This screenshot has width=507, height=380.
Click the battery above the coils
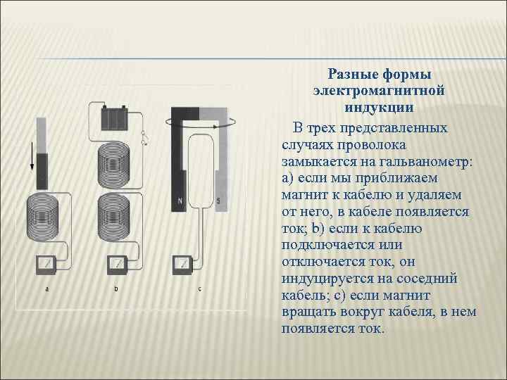pos(114,117)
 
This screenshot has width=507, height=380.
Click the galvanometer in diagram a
pos(46,265)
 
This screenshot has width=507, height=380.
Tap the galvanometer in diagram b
pos(117,265)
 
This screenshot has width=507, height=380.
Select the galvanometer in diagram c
pos(184,265)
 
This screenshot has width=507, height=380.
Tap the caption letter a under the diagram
pos(47,289)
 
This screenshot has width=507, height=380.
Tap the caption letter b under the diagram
pos(116,289)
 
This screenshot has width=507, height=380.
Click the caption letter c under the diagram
pos(199,289)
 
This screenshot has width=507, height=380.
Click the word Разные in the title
pos(355,75)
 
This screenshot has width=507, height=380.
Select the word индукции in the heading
pos(379,108)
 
